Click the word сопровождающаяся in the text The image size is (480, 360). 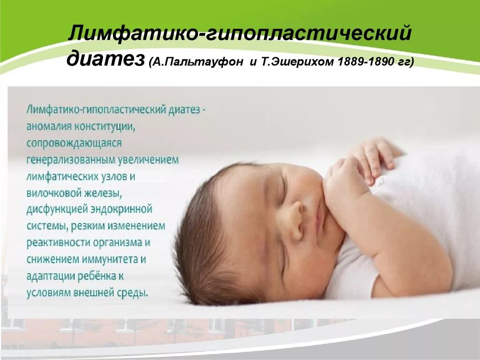click(x=74, y=143)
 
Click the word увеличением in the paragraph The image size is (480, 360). click(x=148, y=160)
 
